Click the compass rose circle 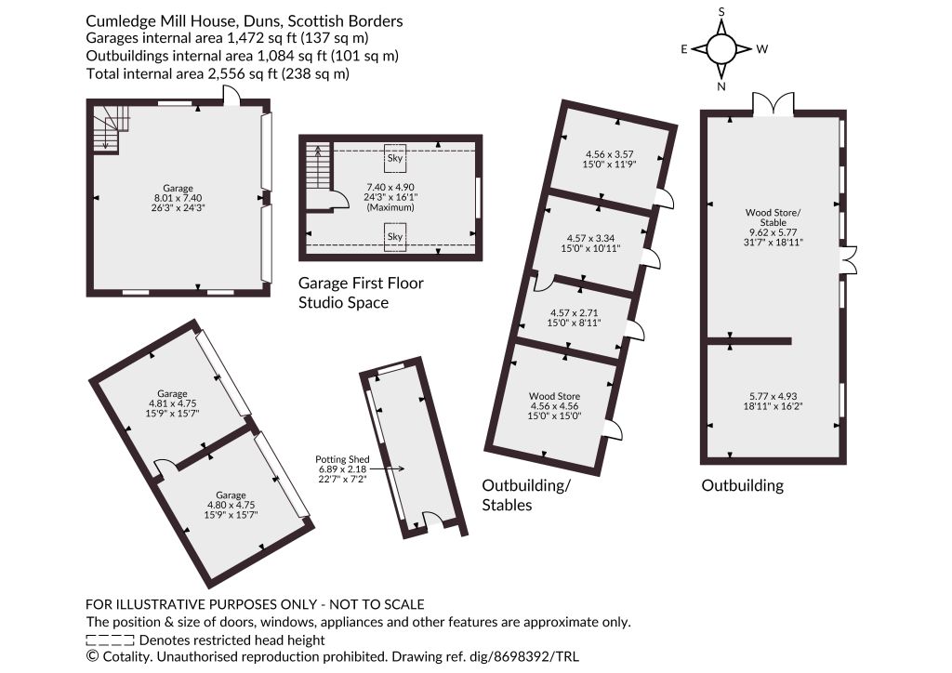(721, 49)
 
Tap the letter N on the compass (721, 86)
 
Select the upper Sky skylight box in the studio (394, 158)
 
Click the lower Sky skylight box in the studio (394, 237)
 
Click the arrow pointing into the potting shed (387, 468)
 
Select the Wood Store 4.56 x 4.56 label (554, 406)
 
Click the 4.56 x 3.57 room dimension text (609, 159)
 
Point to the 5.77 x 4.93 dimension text (773, 402)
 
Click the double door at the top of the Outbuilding (773, 104)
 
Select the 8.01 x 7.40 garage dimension (178, 198)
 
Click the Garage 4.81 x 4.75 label (172, 402)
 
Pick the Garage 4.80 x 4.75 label (231, 505)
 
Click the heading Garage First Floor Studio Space (361, 293)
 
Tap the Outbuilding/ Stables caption (526, 495)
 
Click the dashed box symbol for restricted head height (110, 640)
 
